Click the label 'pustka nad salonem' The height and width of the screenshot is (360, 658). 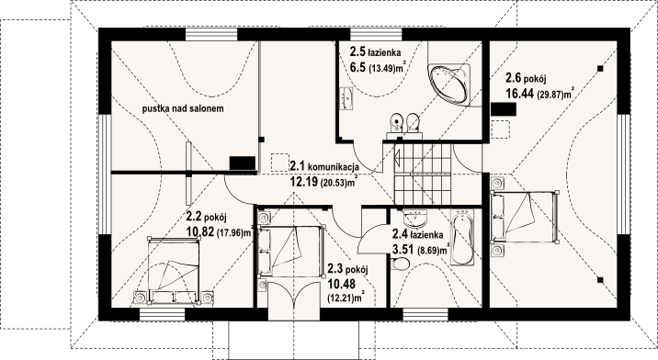click(x=183, y=108)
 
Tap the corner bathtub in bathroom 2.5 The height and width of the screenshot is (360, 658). click(x=448, y=84)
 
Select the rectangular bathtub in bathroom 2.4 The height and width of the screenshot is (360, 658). click(x=462, y=237)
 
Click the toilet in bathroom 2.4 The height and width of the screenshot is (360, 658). click(x=400, y=264)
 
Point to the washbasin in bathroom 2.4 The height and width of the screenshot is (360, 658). click(x=415, y=218)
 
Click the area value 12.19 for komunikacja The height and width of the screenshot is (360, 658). click(x=304, y=181)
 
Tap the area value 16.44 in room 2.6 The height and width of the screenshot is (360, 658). click(x=520, y=94)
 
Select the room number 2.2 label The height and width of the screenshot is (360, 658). click(x=194, y=217)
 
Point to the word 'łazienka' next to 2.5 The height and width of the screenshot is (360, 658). click(x=384, y=53)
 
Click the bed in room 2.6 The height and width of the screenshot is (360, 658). click(x=525, y=217)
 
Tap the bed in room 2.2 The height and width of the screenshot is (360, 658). click(x=173, y=269)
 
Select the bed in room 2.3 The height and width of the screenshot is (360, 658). click(x=291, y=251)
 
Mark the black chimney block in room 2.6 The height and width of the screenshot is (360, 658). click(x=504, y=109)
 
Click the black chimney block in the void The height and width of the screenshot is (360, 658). click(x=243, y=163)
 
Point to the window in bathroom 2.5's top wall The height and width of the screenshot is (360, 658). click(x=376, y=34)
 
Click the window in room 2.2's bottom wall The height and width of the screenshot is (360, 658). click(x=163, y=315)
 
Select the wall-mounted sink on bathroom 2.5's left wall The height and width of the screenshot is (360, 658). click(x=346, y=98)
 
